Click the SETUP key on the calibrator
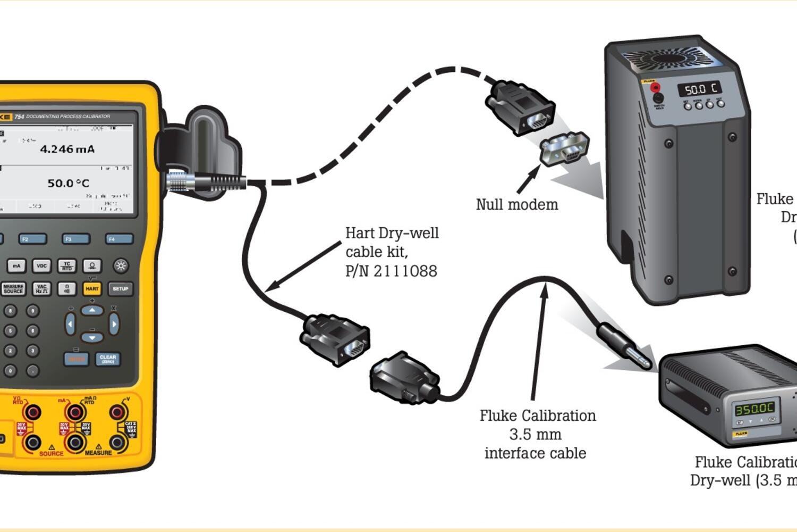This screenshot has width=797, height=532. tap(120, 289)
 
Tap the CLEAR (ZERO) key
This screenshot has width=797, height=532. tap(108, 359)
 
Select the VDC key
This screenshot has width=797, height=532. tap(41, 265)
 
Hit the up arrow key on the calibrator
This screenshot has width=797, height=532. tap(92, 310)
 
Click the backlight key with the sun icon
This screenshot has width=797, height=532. tap(121, 265)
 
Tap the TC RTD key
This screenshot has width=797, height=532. tap(67, 265)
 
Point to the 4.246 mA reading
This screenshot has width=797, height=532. tap(67, 149)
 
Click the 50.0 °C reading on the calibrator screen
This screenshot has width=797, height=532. tap(68, 183)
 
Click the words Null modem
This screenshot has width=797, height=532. tap(516, 204)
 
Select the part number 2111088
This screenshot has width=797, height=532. tap(405, 271)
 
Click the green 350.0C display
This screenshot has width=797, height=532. tap(754, 409)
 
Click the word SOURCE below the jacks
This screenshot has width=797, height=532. tap(51, 454)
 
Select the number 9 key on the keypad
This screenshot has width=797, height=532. tap(33, 311)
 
